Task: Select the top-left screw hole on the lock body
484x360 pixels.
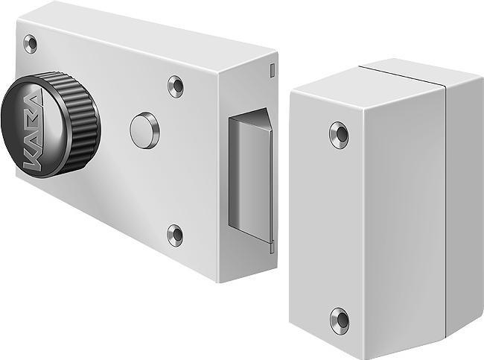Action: click(31, 44)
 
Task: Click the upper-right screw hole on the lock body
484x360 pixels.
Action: click(176, 86)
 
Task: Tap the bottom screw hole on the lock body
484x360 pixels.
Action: click(175, 235)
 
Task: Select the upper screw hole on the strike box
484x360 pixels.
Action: click(339, 134)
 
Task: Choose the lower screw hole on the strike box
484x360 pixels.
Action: click(339, 320)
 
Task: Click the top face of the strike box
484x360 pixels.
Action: click(387, 78)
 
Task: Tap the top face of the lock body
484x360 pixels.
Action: click(149, 34)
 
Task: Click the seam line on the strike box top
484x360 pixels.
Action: click(406, 74)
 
